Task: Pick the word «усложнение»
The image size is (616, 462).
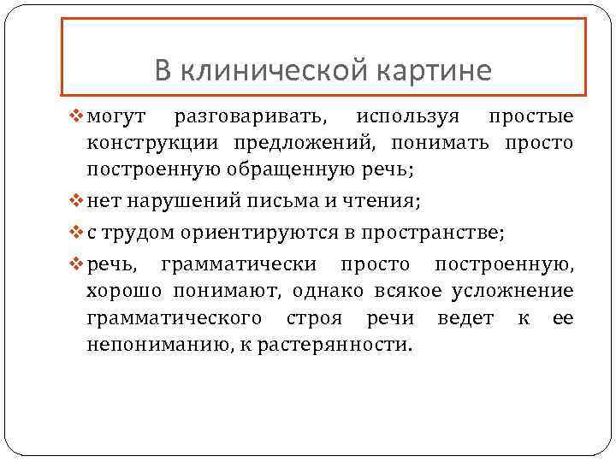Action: (x=508, y=292)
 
